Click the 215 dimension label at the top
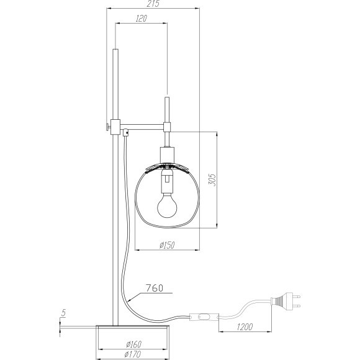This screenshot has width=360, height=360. pos(153,4)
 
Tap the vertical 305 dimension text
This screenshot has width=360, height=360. pos(211,179)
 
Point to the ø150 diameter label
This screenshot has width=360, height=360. pos(166,245)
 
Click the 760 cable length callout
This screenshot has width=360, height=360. pos(155,287)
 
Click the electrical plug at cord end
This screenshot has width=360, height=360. pos(289,302)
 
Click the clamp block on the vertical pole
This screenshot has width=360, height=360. pos(115,125)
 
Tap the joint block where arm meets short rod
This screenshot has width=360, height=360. pos(166,127)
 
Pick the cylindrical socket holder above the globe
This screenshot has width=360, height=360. pos(166,155)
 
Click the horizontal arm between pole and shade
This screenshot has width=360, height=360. pos(143,127)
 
